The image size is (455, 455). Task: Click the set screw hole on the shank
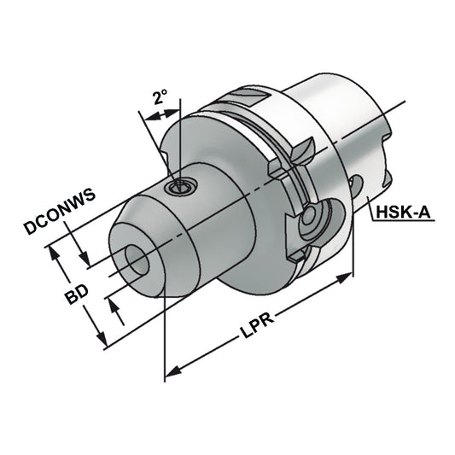click(178, 187)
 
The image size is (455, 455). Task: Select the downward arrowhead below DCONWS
click(85, 260)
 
